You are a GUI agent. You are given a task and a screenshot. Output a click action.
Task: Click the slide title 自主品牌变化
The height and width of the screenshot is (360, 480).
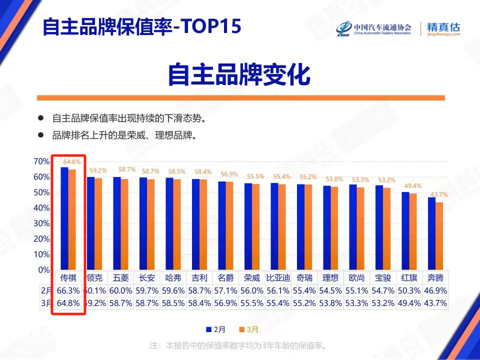(238, 74)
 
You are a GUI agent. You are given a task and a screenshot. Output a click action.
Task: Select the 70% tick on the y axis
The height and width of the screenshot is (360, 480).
(41, 161)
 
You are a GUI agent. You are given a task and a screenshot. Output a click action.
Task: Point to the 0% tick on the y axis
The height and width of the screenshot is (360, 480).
(43, 270)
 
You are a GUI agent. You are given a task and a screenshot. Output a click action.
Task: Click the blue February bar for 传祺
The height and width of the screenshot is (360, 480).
(64, 218)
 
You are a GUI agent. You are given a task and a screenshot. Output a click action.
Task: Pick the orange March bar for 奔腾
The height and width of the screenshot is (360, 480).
(439, 235)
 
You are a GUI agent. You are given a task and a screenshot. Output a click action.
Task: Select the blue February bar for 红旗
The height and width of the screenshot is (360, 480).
(405, 230)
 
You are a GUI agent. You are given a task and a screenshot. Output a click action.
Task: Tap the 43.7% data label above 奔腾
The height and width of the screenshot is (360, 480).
(438, 194)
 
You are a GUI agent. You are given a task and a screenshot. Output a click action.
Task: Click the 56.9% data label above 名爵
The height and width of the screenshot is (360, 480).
(229, 174)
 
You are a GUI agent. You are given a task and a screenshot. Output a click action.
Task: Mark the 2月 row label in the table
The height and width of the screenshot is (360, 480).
(46, 290)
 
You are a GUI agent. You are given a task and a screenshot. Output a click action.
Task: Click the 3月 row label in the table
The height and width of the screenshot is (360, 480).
(46, 303)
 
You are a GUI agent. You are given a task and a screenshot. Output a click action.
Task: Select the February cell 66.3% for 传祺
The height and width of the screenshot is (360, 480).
(68, 290)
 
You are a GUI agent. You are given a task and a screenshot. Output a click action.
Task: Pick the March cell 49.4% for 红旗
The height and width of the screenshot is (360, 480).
(409, 303)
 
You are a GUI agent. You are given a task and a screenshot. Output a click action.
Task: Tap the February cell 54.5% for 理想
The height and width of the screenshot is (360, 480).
(330, 290)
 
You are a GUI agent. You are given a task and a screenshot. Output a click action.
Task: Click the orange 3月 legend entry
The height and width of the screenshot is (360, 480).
(248, 329)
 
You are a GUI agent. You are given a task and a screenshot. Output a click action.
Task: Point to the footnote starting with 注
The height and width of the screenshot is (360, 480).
(238, 345)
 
